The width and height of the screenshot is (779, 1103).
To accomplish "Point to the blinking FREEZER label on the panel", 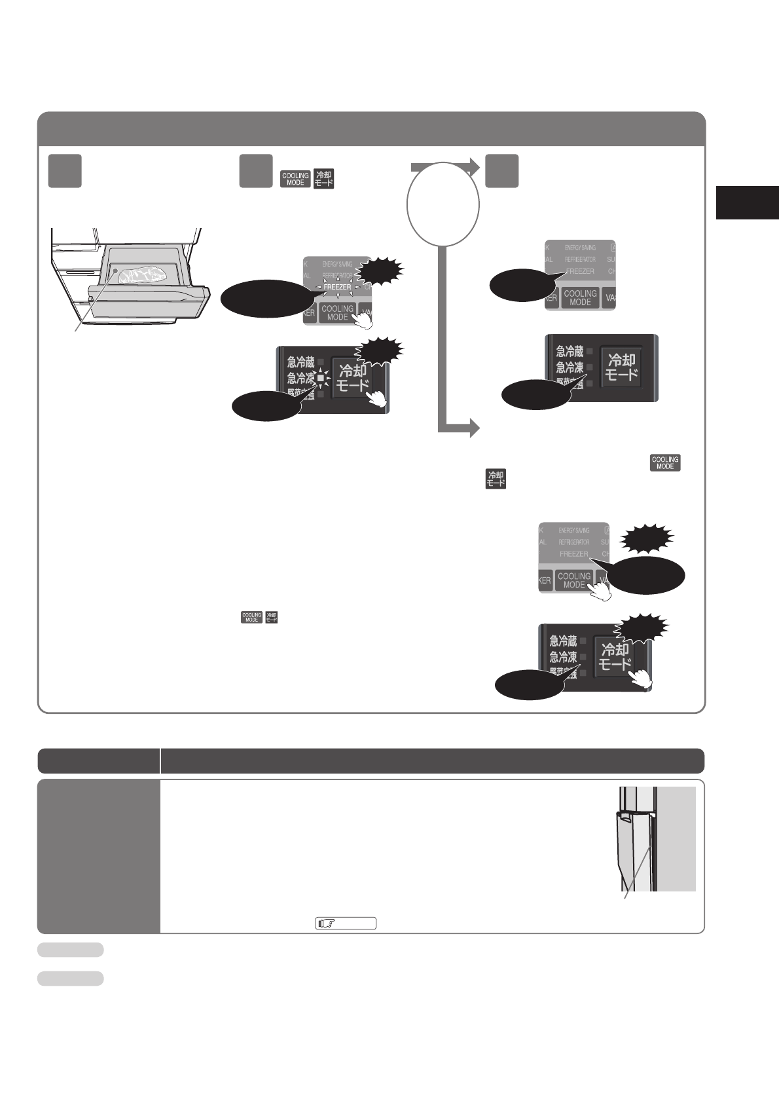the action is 336,287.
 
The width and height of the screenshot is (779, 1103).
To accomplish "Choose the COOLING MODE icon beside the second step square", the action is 295,179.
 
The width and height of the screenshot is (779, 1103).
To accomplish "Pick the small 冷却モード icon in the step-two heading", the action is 323,179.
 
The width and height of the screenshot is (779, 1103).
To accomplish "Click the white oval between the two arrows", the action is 443,204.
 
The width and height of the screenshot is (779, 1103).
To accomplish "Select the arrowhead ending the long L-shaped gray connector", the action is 473,429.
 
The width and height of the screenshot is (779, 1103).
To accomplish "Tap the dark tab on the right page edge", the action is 747,202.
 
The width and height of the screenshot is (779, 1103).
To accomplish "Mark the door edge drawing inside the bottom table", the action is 638,845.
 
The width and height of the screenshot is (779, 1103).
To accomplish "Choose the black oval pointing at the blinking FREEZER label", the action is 264,299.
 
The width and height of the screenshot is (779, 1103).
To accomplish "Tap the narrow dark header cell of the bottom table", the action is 99,761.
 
